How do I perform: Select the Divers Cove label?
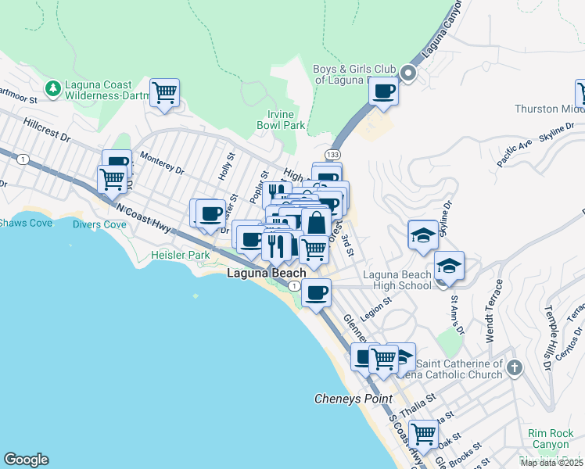pos(99,224)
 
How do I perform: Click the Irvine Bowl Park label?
pos(282,119)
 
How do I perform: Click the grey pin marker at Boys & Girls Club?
pos(407,74)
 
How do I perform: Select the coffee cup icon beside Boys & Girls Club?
pos(383,91)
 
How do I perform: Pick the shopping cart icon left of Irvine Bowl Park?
pos(164,93)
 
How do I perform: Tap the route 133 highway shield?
pos(333,156)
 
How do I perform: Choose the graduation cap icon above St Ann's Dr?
pos(448,266)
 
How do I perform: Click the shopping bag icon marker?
pos(315,222)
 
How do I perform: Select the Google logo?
pos(26,460)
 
